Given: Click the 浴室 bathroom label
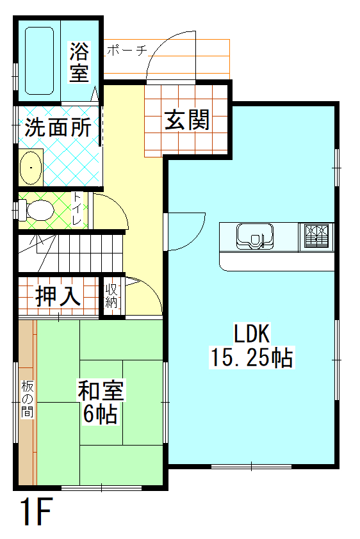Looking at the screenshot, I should (79, 61).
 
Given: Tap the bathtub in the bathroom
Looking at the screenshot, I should (38, 59).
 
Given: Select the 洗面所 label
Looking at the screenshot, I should (58, 127).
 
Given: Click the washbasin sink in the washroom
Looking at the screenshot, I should (30, 169).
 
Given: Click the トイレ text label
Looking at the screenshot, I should (77, 209).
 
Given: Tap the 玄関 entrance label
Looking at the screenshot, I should (187, 120).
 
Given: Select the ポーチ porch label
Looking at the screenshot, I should (128, 50).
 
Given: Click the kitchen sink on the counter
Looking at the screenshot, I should (256, 235).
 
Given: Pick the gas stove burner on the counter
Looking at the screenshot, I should (316, 235).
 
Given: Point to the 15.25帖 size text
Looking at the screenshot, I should (251, 357).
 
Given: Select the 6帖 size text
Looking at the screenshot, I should (100, 414).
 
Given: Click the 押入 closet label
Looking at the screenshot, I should (58, 296).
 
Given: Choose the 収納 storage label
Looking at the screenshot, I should (111, 296).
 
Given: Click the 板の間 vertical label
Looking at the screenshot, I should (27, 399).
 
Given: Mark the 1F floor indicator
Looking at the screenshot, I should (35, 512).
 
